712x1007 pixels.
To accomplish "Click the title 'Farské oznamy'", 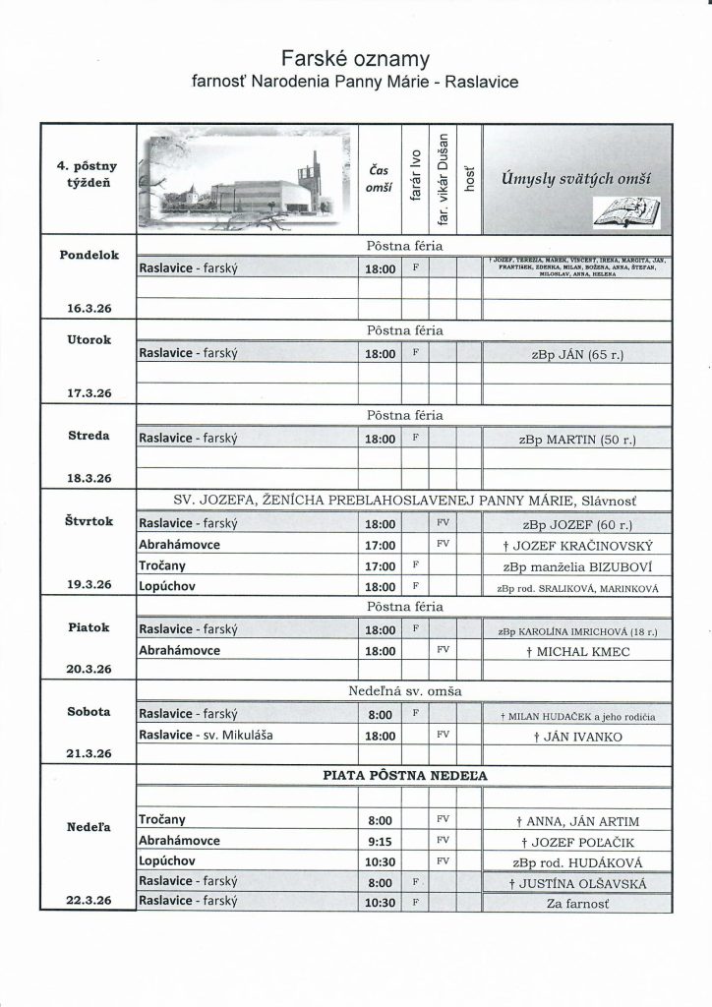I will click(356, 56).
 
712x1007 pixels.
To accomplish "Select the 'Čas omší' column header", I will click(379, 177).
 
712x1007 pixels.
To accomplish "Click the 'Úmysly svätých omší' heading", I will click(577, 178).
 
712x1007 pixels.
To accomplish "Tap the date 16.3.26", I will click(89, 308).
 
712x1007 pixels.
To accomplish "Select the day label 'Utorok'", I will click(89, 339).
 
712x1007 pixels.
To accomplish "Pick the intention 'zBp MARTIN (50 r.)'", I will click(578, 439).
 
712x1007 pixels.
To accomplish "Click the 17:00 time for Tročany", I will click(379, 565).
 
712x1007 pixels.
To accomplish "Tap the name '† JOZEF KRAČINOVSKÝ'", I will click(578, 545).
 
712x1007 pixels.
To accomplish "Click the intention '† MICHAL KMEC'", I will click(578, 651).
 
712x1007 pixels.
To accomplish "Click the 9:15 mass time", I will click(379, 841).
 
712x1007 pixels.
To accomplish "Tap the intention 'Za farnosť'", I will click(578, 901).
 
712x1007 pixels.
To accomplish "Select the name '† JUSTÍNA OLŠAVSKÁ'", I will click(578, 882).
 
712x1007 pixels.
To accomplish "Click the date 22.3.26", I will click(89, 900).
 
